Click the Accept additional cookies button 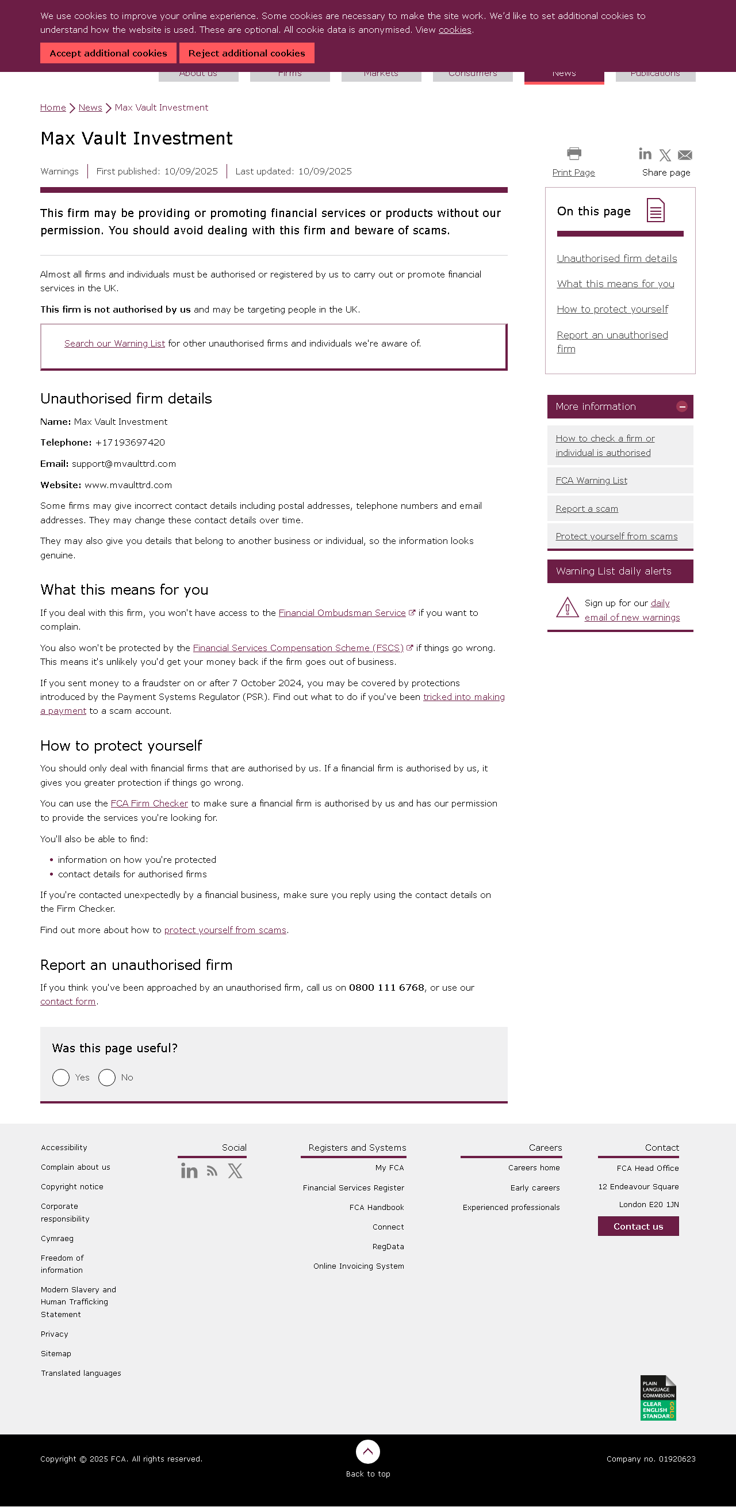pyautogui.click(x=108, y=53)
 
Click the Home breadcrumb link pyautogui.click(x=53, y=108)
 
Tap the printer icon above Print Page pyautogui.click(x=574, y=154)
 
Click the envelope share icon pyautogui.click(x=685, y=155)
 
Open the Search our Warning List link pyautogui.click(x=114, y=344)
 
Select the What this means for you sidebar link pyautogui.click(x=615, y=284)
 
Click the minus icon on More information pyautogui.click(x=681, y=406)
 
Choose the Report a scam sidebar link pyautogui.click(x=586, y=509)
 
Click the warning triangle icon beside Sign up pyautogui.click(x=566, y=608)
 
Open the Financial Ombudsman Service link pyautogui.click(x=342, y=613)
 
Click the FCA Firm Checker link pyautogui.click(x=149, y=804)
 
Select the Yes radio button pyautogui.click(x=61, y=1078)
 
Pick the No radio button pyautogui.click(x=107, y=1078)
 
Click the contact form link pyautogui.click(x=68, y=1002)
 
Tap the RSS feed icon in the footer pyautogui.click(x=212, y=1171)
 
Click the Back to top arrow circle pyautogui.click(x=367, y=1451)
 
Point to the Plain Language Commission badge pyautogui.click(x=658, y=1398)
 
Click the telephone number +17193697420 pyautogui.click(x=130, y=443)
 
